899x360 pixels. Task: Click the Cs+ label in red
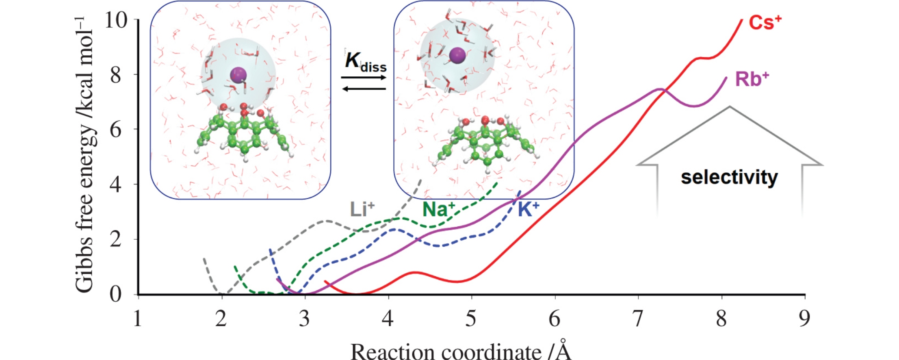pyautogui.click(x=765, y=23)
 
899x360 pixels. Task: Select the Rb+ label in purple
pyautogui.click(x=752, y=80)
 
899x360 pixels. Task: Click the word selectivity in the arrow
pyautogui.click(x=729, y=178)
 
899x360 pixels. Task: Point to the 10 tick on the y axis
pyautogui.click(x=116, y=20)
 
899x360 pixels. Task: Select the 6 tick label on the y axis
pyautogui.click(x=116, y=130)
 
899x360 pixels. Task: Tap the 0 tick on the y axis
pyautogui.click(x=116, y=294)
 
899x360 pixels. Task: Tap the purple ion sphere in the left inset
pyautogui.click(x=238, y=75)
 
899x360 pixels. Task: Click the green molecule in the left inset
pyautogui.click(x=244, y=134)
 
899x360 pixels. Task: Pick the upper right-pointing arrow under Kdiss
pyautogui.click(x=364, y=77)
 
